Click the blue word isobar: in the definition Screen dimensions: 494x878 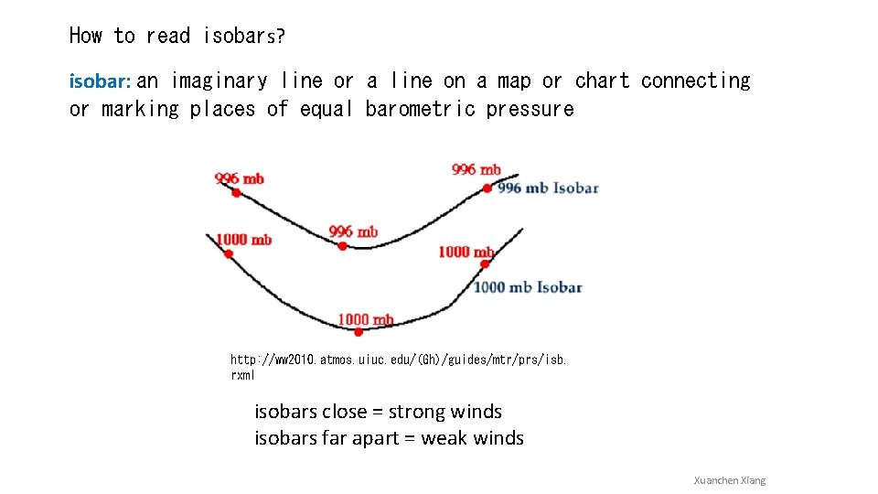101,81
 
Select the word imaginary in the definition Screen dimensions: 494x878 219,81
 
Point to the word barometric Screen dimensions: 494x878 420,109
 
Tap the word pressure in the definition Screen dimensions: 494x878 530,109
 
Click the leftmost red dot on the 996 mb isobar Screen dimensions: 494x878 236,193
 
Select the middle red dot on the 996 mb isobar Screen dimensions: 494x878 342,245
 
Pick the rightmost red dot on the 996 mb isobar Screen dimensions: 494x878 487,188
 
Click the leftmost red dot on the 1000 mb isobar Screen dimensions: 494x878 229,253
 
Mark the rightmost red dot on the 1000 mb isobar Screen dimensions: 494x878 485,264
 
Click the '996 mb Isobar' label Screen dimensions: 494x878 548,188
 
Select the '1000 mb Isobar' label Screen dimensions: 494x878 528,287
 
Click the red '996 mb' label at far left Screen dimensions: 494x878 240,178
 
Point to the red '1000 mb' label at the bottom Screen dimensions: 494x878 365,319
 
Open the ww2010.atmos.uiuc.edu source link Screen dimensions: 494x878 398,367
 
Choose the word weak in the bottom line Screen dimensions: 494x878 444,438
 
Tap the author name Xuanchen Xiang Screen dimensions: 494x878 729,480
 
